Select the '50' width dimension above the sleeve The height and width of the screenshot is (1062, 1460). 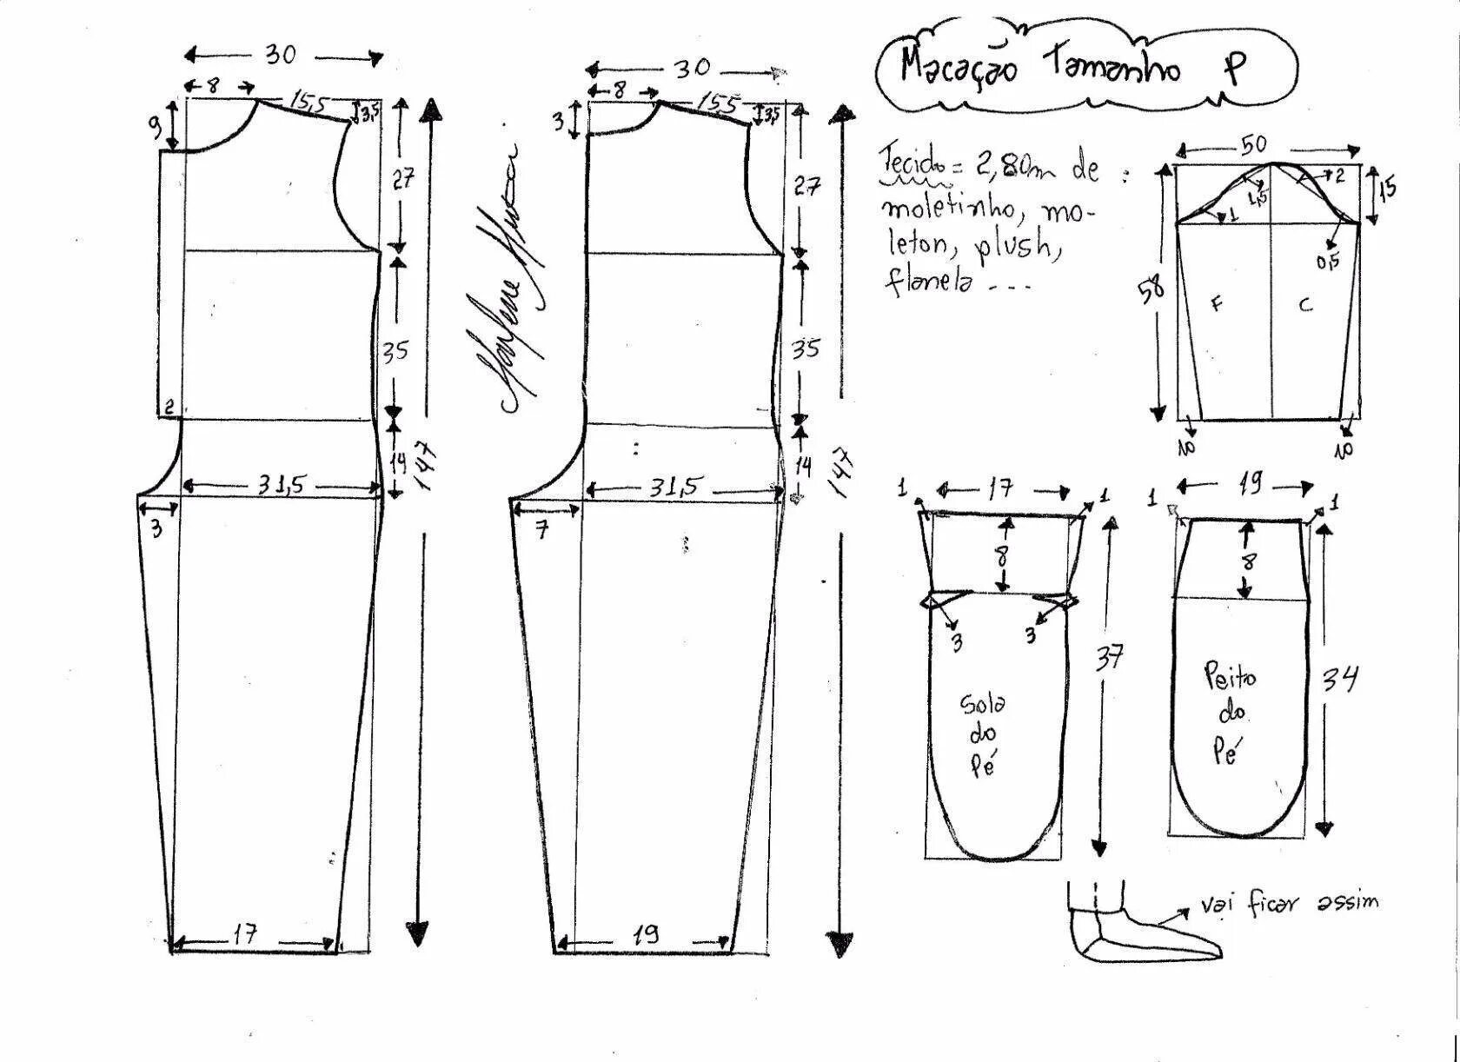point(1253,145)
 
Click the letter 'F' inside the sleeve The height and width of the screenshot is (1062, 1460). point(1217,303)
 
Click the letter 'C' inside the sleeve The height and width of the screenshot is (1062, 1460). point(1305,304)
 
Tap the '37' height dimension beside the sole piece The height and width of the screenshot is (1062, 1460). point(1109,658)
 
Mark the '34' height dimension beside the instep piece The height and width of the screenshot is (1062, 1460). point(1340,678)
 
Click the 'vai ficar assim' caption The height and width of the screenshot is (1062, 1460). point(1290,905)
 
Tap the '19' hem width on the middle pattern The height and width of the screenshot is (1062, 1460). point(645,934)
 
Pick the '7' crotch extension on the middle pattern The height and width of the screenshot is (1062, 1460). point(542,528)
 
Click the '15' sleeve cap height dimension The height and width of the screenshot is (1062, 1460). point(1387,186)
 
